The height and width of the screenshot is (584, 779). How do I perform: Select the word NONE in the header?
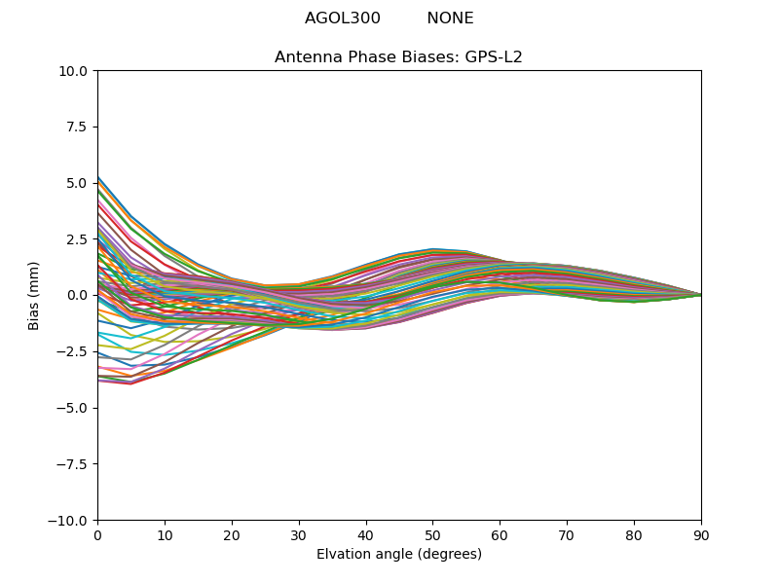(x=450, y=18)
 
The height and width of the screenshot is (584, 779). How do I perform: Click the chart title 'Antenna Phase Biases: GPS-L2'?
(x=398, y=57)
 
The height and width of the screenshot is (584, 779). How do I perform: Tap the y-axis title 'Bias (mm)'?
(x=34, y=295)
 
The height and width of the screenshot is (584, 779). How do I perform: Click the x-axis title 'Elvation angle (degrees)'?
(x=398, y=555)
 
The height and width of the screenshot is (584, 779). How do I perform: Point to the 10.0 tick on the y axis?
(x=76, y=71)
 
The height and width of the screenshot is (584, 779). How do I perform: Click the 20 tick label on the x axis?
(x=232, y=535)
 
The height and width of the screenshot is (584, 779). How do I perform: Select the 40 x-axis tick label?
(x=365, y=535)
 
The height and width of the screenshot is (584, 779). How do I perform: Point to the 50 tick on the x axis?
(x=432, y=535)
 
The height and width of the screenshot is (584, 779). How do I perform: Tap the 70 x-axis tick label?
(x=567, y=535)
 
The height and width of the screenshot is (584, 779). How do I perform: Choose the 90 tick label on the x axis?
(x=700, y=535)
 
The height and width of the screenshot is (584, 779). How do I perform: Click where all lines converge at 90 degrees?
(x=700, y=295)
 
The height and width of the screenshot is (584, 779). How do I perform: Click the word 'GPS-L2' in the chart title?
(x=495, y=57)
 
